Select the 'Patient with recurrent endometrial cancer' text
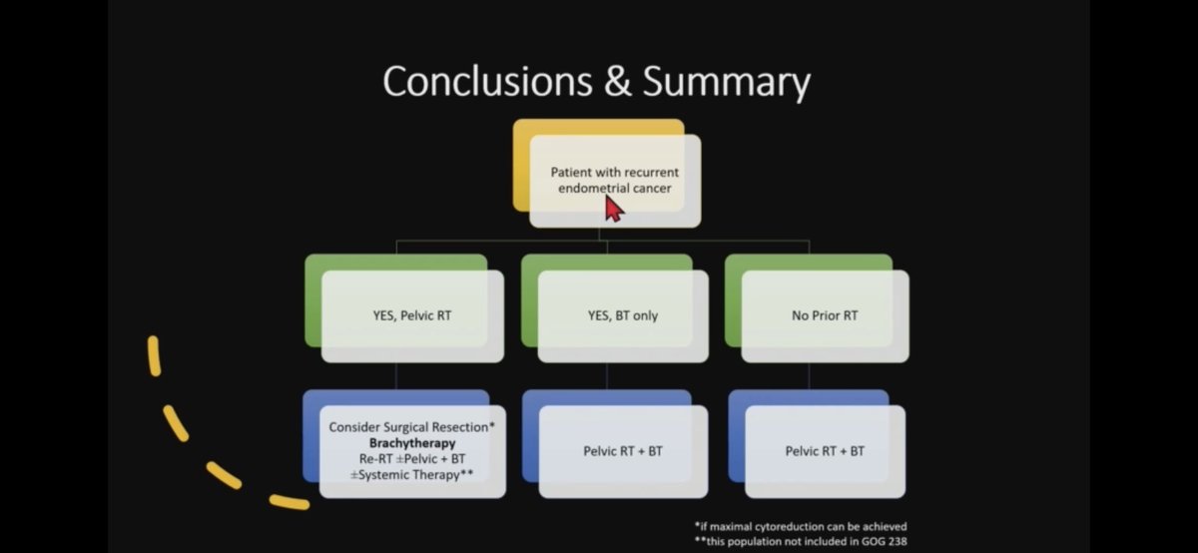click(x=614, y=180)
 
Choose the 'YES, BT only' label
click(x=622, y=316)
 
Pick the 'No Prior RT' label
click(x=825, y=316)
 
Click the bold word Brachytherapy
click(x=412, y=442)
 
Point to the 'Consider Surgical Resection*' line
click(x=412, y=426)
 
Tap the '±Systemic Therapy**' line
click(x=412, y=474)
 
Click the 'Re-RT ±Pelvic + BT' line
click(x=412, y=458)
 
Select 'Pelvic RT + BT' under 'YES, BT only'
click(x=623, y=451)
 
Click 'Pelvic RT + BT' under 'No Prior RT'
click(x=825, y=451)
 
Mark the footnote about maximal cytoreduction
click(x=801, y=526)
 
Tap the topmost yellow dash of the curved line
click(x=154, y=356)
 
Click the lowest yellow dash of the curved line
click(x=290, y=501)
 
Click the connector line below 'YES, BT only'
click(x=607, y=375)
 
